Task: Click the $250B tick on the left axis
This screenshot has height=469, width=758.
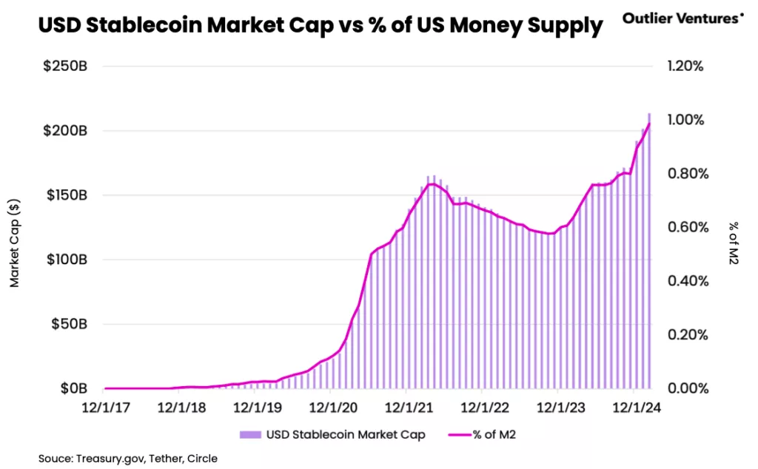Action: pyautogui.click(x=64, y=67)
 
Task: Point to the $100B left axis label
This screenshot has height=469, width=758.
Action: pyautogui.click(x=65, y=260)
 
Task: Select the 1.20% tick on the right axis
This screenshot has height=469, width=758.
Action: pyautogui.click(x=685, y=67)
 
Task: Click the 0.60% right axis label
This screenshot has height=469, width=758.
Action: pyautogui.click(x=685, y=227)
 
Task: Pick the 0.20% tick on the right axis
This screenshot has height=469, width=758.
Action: pyautogui.click(x=685, y=334)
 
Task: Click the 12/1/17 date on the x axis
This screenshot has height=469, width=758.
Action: pyautogui.click(x=106, y=408)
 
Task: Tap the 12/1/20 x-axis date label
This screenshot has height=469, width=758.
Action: pyautogui.click(x=332, y=408)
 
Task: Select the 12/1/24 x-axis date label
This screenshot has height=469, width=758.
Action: pyautogui.click(x=633, y=408)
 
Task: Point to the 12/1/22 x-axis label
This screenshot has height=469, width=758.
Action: pyautogui.click(x=482, y=408)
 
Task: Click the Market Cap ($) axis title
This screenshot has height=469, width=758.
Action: pyautogui.click(x=14, y=242)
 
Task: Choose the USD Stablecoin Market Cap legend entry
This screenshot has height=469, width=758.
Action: pyautogui.click(x=332, y=434)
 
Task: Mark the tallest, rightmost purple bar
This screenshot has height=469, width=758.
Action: pyautogui.click(x=649, y=252)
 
